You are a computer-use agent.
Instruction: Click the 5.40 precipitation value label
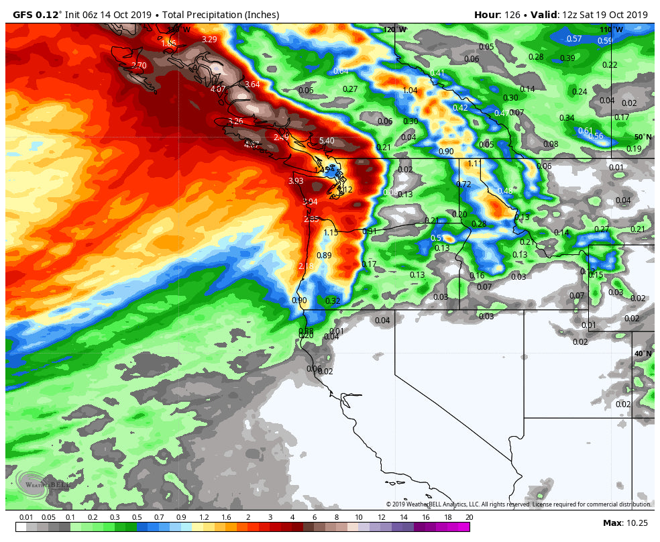pos(327,141)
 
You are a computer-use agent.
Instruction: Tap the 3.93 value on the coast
pos(296,181)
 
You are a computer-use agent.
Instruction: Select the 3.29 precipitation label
pos(209,40)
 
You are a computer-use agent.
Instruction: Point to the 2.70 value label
pos(139,66)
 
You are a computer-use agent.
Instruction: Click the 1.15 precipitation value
pos(331,233)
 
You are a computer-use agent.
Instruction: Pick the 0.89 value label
pos(324,256)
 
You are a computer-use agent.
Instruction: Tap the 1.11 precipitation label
pos(474,164)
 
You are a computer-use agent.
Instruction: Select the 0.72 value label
pos(463,184)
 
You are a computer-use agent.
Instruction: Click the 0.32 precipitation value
pos(333,301)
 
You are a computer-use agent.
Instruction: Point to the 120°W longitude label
pos(395,30)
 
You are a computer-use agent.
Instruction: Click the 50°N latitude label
pos(643,137)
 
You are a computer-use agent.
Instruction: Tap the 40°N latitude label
pos(642,354)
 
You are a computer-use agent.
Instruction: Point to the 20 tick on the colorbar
pos(469,517)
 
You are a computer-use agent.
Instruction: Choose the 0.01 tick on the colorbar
pos(27,517)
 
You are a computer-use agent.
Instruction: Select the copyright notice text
pos(518,504)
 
